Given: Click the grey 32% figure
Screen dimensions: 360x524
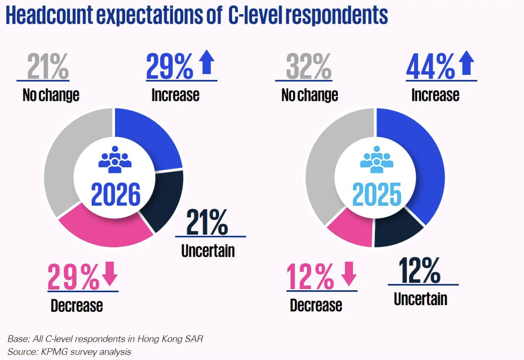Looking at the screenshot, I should tap(308, 67).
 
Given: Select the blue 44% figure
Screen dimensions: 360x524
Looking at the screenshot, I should tap(430, 67).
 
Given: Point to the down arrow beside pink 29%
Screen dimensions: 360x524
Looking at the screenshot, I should tap(110, 274).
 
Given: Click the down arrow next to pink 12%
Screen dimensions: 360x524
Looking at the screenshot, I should tap(349, 274).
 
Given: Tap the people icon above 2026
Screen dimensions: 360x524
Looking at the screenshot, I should tap(115, 159).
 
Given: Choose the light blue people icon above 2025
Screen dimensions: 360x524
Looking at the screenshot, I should tap(377, 159).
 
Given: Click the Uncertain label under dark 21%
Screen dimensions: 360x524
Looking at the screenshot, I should tap(208, 251).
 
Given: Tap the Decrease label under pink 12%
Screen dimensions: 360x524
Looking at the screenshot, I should tap(316, 305).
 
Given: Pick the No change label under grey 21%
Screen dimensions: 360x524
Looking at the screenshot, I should tap(51, 95).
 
